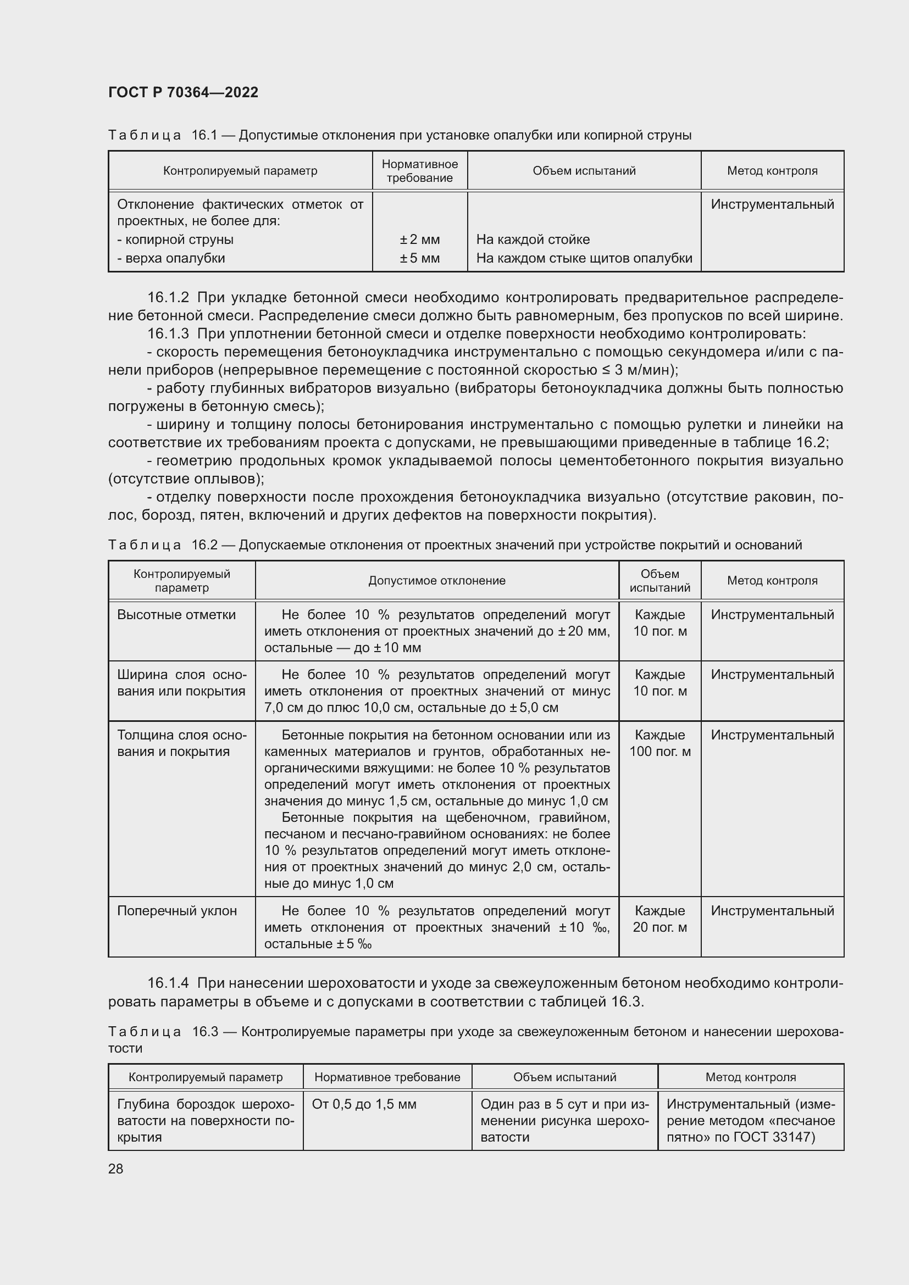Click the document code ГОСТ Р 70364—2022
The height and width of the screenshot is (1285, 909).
point(183,92)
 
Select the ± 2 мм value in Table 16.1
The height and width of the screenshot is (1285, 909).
point(419,240)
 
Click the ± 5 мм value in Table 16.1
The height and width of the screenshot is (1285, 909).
point(419,258)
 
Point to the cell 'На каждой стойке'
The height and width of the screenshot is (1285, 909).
point(533,240)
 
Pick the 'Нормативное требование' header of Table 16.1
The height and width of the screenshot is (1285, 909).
point(419,171)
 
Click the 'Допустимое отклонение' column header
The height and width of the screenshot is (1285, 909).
point(436,580)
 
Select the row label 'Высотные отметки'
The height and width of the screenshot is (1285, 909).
point(176,615)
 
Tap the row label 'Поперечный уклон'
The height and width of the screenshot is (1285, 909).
point(177,910)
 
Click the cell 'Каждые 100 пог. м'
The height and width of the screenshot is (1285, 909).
point(659,743)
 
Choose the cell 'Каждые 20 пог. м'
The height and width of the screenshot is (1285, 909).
point(659,919)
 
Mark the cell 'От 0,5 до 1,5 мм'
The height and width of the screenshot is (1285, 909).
point(364,1104)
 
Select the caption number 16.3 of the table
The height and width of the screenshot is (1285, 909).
point(204,1032)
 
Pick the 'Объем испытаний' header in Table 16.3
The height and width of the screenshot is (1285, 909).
point(564,1077)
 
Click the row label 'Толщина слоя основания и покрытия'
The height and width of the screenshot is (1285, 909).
point(181,743)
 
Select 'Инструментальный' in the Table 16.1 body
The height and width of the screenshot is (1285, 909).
point(772,204)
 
